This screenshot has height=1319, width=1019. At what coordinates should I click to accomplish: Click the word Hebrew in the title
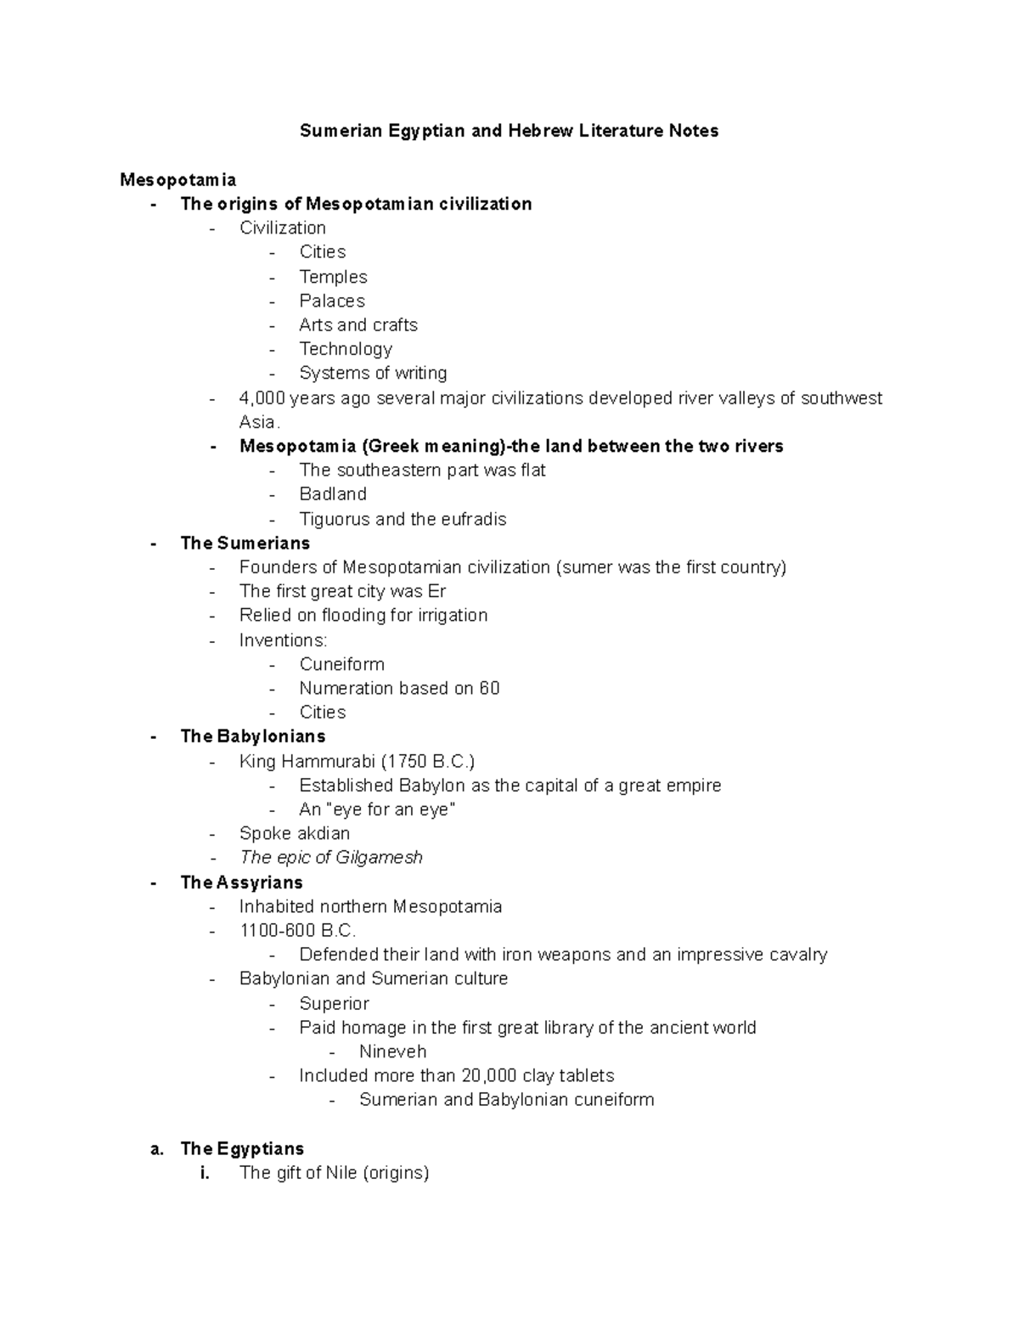540,131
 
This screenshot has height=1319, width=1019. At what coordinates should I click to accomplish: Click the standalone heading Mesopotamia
178,179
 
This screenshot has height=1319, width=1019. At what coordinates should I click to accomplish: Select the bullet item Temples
333,277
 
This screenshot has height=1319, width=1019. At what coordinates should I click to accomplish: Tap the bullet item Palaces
332,301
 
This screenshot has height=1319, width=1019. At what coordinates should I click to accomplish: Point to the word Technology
346,349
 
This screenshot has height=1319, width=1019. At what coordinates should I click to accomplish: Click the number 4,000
262,398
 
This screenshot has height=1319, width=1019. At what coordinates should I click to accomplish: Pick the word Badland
333,494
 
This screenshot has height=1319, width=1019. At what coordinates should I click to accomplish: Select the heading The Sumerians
245,543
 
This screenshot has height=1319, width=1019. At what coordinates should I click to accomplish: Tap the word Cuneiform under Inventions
341,664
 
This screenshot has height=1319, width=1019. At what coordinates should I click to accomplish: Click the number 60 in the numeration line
489,688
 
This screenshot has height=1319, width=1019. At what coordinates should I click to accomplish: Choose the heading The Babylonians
253,736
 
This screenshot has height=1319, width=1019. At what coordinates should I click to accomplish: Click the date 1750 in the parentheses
408,761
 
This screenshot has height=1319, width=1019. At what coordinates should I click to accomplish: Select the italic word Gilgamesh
383,858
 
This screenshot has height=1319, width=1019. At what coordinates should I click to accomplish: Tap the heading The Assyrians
242,882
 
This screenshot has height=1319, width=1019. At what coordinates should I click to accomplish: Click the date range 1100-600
278,930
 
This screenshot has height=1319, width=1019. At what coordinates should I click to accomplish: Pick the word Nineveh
392,1051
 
